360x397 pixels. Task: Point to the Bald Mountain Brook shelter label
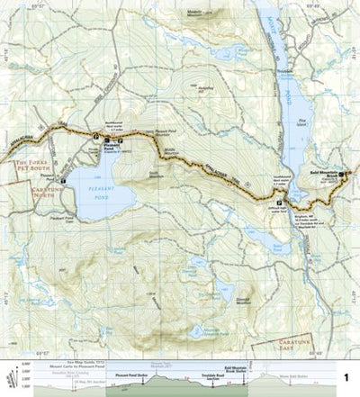click(321, 171)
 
